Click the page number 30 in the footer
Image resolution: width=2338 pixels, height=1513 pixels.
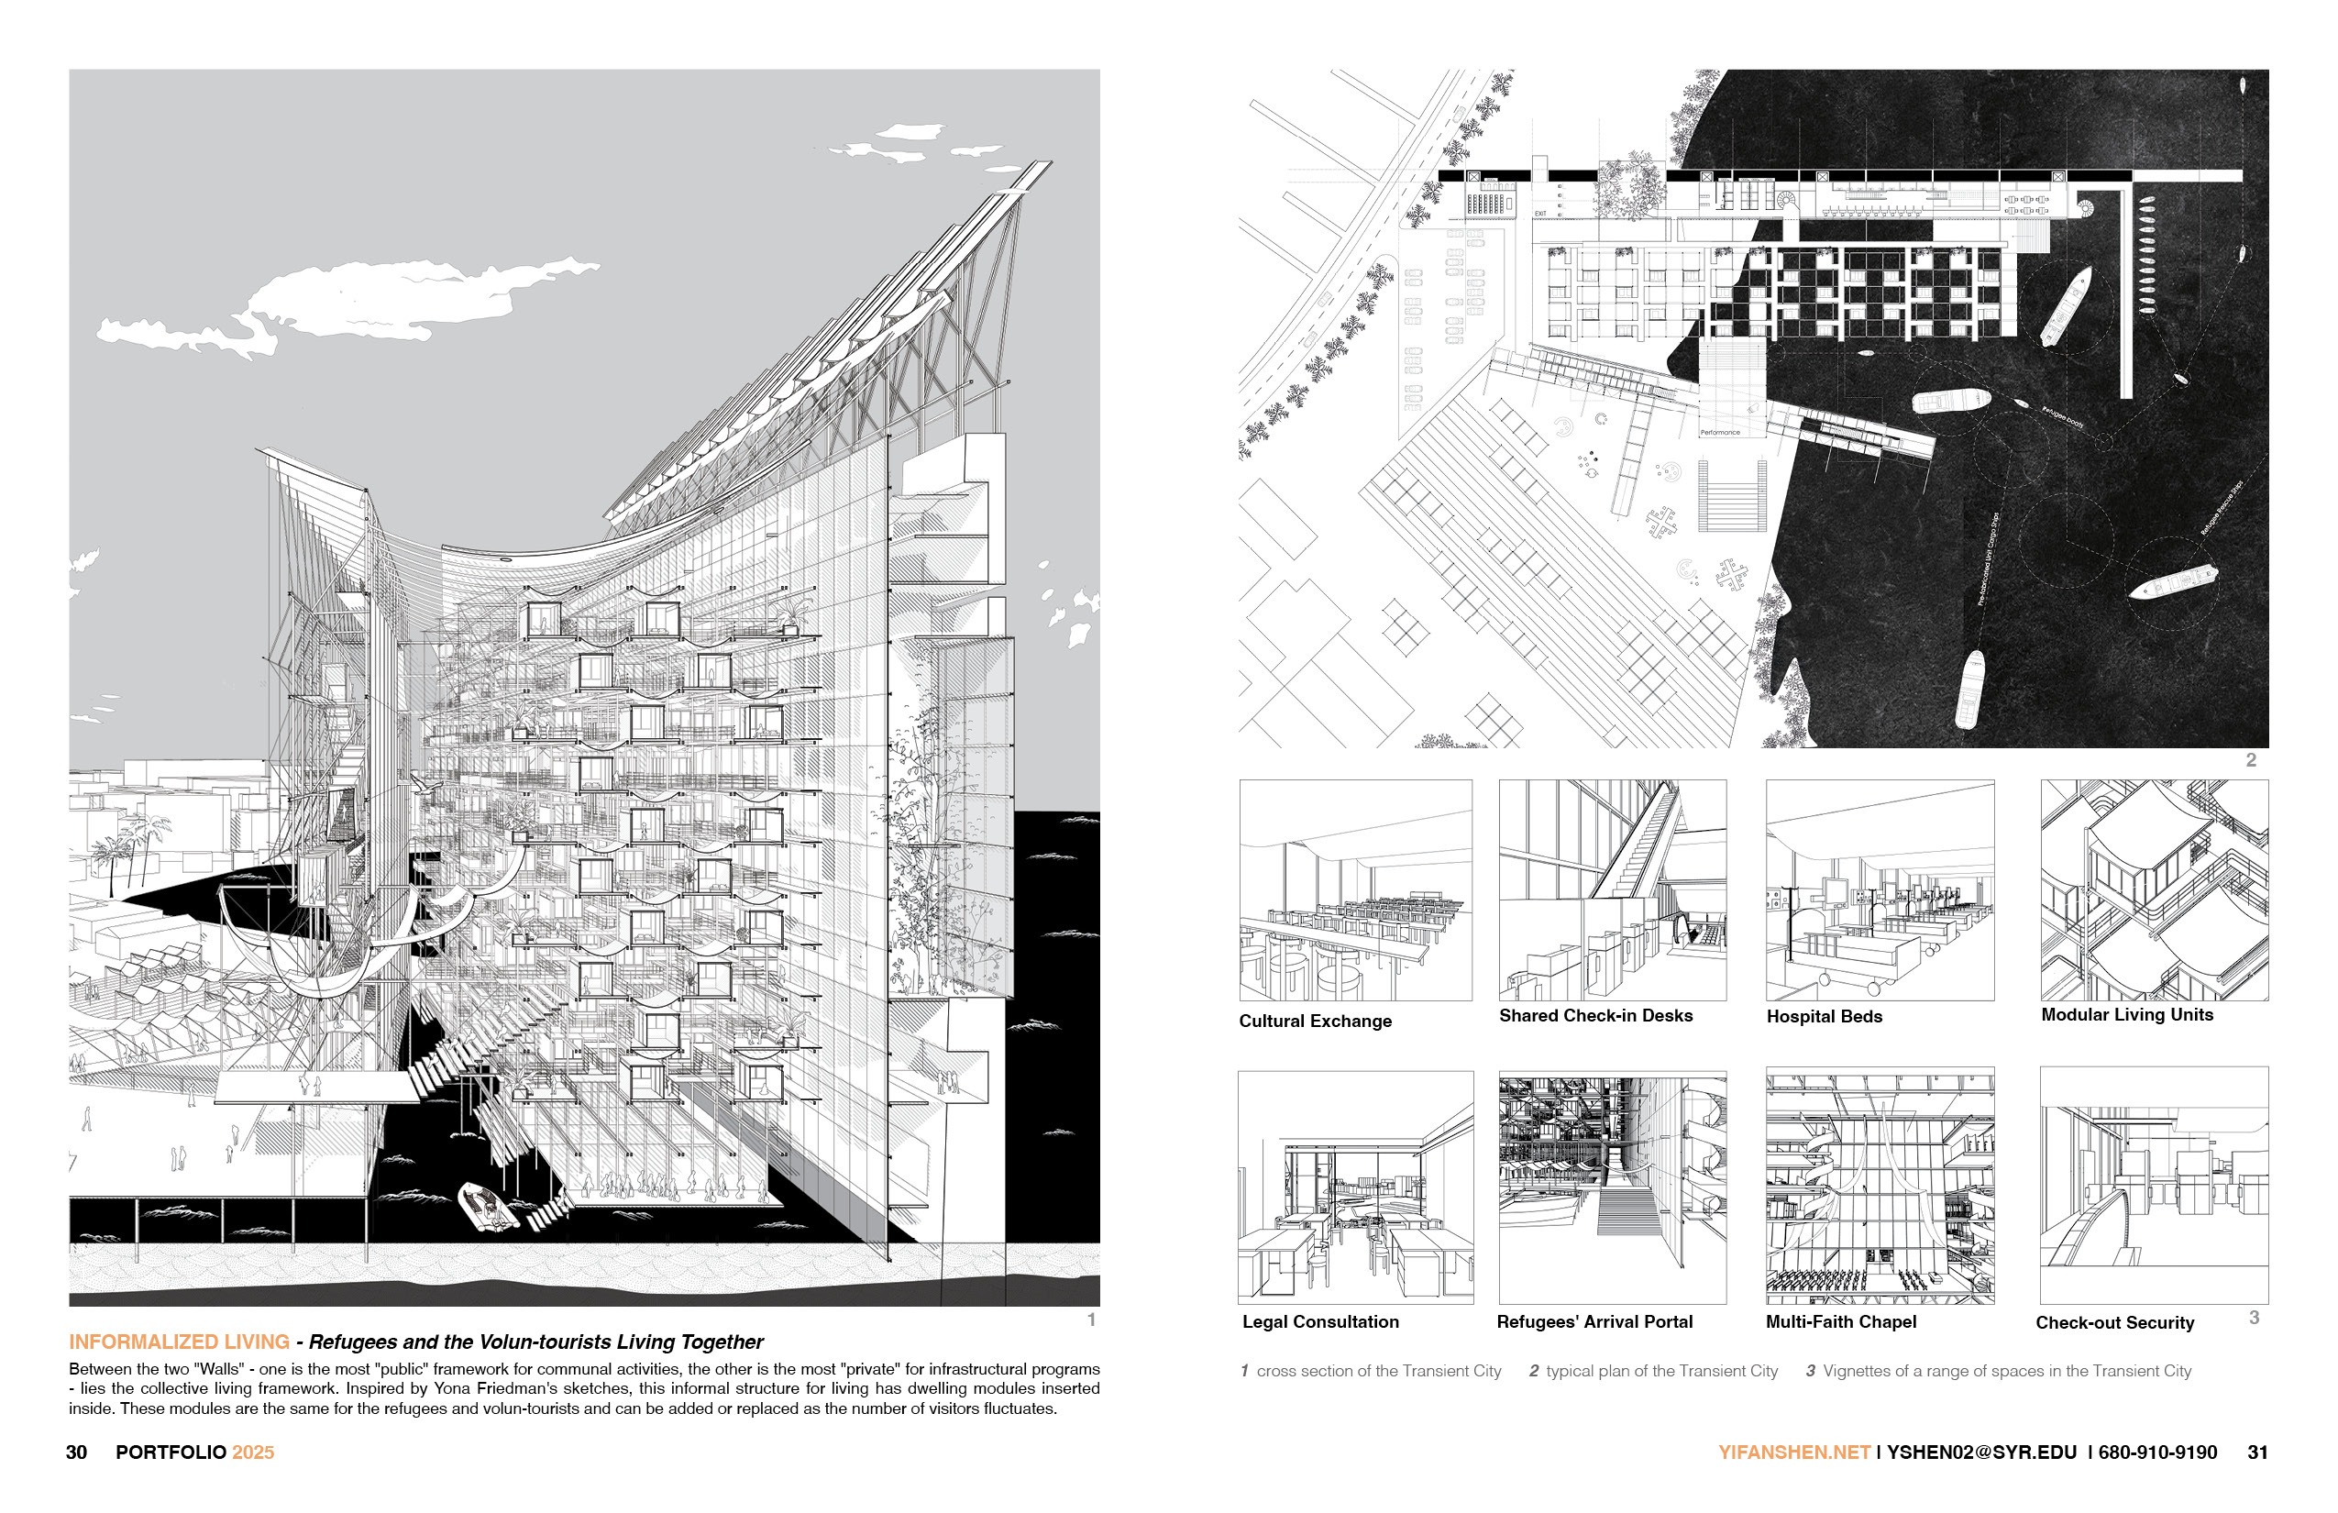pos(77,1452)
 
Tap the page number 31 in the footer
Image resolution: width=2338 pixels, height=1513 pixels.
pos(2257,1452)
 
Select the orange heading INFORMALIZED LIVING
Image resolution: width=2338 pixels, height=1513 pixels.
pos(179,1342)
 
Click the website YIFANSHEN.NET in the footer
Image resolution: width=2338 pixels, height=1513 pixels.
pos(1793,1452)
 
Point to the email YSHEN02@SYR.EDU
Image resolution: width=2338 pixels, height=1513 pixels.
pos(1981,1452)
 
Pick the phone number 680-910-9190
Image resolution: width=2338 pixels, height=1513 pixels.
pos(2157,1452)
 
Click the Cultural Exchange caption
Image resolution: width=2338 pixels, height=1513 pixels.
pos(1316,1021)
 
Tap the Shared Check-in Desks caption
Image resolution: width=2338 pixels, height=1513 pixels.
pos(1595,1016)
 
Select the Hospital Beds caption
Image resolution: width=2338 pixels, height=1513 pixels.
pos(1825,1017)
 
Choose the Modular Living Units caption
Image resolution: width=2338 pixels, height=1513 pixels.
pos(2127,1015)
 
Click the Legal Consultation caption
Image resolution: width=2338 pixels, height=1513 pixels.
pos(1320,1322)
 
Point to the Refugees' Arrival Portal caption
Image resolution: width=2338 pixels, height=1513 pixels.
pos(1594,1322)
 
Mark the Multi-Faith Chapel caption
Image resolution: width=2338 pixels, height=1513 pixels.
pos(1841,1322)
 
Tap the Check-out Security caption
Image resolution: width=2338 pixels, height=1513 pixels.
pos(2114,1323)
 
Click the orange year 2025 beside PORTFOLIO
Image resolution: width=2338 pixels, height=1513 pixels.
pos(253,1452)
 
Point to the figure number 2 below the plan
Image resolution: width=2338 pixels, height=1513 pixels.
pos(2251,760)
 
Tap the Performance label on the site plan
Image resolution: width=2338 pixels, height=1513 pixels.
pos(1719,432)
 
